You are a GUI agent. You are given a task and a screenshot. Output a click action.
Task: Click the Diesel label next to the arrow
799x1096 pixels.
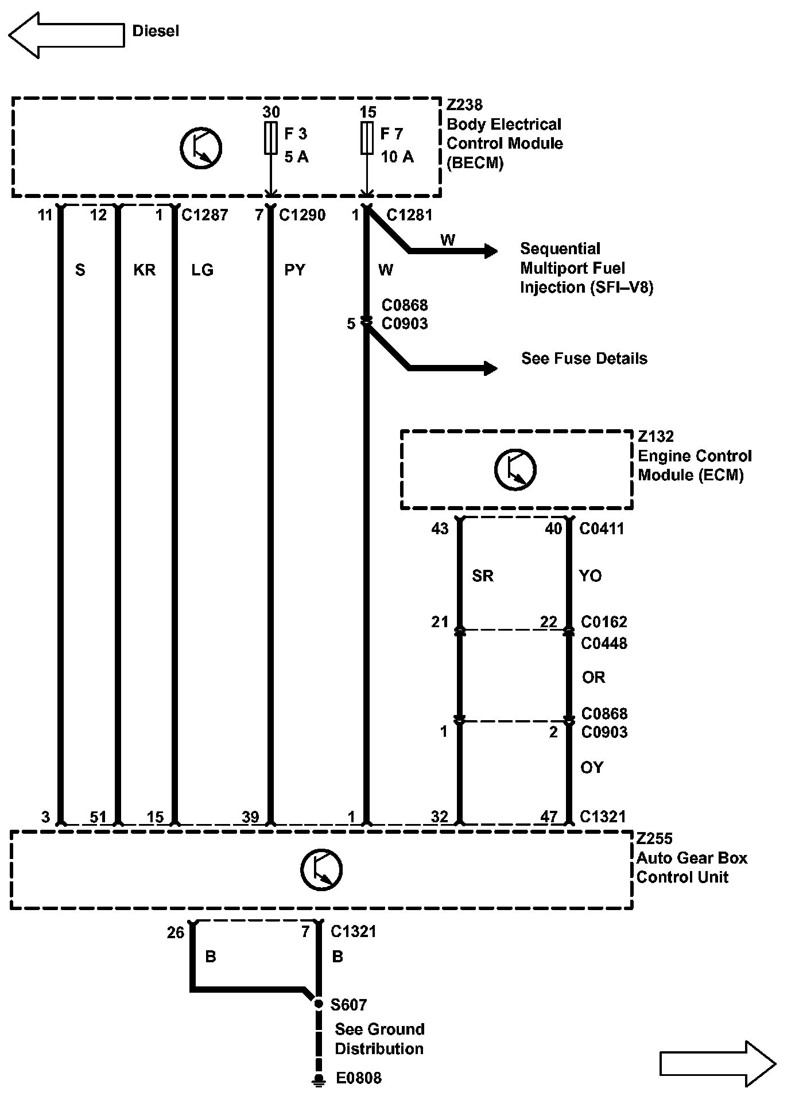[x=156, y=31]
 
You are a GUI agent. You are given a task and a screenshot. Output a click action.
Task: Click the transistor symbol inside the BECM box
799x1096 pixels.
[x=201, y=148]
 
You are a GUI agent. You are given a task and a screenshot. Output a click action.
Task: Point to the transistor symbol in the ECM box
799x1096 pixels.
[x=515, y=469]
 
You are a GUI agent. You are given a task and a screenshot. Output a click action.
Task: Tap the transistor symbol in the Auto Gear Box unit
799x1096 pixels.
[x=321, y=869]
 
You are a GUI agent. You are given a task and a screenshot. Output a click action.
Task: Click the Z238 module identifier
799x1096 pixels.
[x=464, y=105]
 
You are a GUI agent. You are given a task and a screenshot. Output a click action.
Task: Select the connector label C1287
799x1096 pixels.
[x=205, y=215]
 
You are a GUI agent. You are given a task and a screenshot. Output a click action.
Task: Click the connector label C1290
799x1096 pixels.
[x=302, y=215]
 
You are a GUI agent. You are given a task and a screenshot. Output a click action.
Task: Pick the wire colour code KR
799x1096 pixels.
[x=144, y=270]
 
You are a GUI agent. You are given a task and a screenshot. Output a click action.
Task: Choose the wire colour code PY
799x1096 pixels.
[x=295, y=270]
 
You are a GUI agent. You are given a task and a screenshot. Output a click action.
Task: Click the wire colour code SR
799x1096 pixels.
[x=483, y=576]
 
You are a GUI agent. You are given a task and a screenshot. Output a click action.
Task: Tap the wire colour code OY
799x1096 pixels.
[x=592, y=767]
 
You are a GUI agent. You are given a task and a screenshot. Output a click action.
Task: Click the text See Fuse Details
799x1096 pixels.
[x=584, y=359]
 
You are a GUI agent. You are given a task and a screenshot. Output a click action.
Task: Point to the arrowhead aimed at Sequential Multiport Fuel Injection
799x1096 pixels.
[x=491, y=251]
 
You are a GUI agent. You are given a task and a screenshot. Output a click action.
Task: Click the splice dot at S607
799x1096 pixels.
[x=319, y=1004]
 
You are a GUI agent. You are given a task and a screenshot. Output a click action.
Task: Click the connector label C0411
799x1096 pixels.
[x=602, y=528]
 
